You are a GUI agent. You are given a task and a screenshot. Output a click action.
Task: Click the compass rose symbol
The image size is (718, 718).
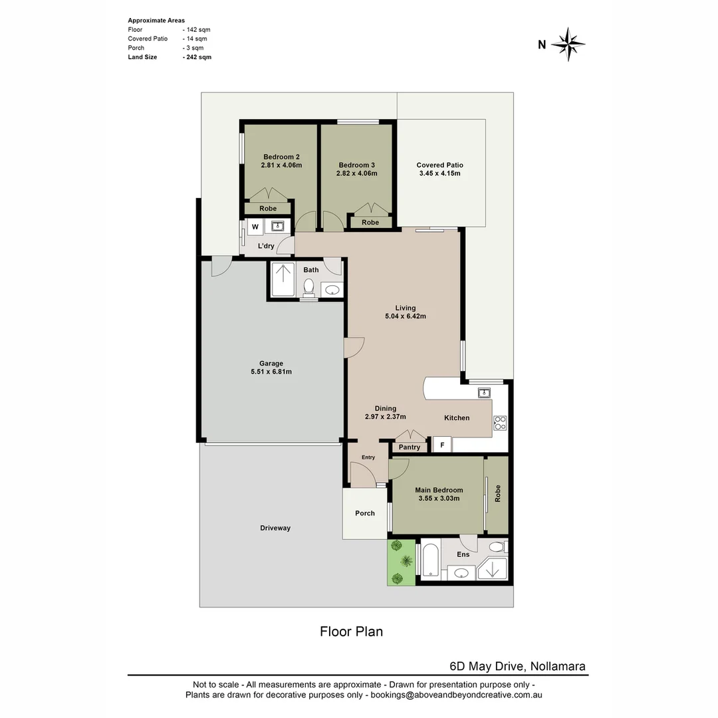(x=568, y=45)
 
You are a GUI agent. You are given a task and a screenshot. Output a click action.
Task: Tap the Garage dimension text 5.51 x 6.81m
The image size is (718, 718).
(x=271, y=372)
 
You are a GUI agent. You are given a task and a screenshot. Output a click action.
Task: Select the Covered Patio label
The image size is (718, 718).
(x=439, y=165)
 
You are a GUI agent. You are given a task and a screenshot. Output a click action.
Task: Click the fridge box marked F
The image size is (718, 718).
(x=442, y=445)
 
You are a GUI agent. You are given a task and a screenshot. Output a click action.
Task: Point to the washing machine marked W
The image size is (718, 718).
(x=255, y=227)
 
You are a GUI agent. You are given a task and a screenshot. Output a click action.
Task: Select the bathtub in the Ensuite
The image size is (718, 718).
(x=430, y=560)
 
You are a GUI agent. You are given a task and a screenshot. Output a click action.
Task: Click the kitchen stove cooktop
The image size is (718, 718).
(x=500, y=423)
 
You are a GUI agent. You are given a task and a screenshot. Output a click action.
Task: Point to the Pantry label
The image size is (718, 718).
(x=410, y=447)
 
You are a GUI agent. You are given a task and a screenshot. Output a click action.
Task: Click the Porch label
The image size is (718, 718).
(x=365, y=513)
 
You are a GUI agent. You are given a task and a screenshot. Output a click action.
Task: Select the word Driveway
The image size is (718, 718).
(x=275, y=528)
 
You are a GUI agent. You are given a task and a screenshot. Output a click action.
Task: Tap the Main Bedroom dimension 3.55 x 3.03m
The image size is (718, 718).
(x=439, y=498)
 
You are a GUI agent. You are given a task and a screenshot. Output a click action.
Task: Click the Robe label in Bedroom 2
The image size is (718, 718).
(x=268, y=209)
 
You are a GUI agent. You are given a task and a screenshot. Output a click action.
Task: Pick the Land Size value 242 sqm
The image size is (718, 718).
(x=197, y=57)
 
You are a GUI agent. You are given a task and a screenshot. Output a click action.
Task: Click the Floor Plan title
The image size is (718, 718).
(x=351, y=632)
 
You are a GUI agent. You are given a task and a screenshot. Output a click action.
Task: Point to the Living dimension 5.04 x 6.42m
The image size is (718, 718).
(x=405, y=316)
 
